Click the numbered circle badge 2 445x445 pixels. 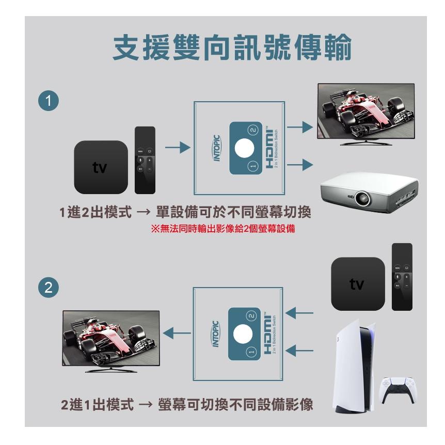pos(48,288)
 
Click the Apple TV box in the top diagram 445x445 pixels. pos(101,167)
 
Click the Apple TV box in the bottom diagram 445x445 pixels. pos(358,284)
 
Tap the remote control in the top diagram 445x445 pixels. pos(145,160)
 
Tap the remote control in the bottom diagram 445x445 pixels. pos(402,276)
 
